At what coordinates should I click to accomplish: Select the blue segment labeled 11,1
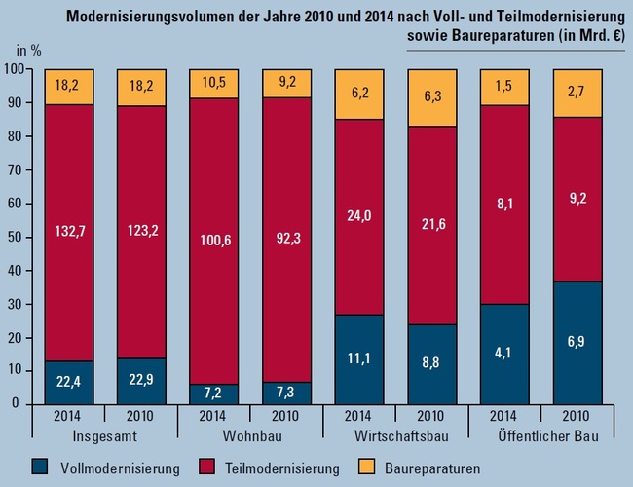358,358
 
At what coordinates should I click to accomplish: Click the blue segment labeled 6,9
577,342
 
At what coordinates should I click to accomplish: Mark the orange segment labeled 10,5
214,84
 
